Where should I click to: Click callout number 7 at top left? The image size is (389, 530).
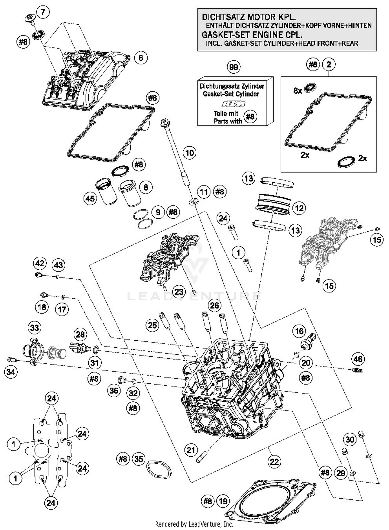(x=43, y=12)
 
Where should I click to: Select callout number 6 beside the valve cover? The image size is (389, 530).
(x=141, y=58)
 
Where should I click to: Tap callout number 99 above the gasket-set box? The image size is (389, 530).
(x=233, y=67)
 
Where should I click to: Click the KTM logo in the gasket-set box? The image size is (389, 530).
(x=233, y=104)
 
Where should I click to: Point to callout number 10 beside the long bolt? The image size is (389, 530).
(x=190, y=153)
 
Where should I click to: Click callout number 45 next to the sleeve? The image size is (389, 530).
(x=90, y=198)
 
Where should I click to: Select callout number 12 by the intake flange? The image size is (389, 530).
(x=299, y=208)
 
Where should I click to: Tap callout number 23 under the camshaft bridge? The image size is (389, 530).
(x=179, y=292)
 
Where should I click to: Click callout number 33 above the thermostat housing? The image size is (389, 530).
(x=34, y=328)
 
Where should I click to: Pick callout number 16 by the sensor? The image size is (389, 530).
(x=299, y=331)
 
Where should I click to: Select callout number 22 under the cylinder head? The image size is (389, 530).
(x=274, y=462)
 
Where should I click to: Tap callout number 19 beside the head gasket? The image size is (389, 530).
(x=223, y=501)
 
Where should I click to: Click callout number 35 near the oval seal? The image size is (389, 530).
(x=139, y=459)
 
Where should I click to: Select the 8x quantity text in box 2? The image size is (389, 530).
(x=298, y=91)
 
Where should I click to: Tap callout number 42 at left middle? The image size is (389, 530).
(x=40, y=263)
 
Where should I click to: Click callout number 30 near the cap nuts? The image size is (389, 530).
(x=350, y=439)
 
